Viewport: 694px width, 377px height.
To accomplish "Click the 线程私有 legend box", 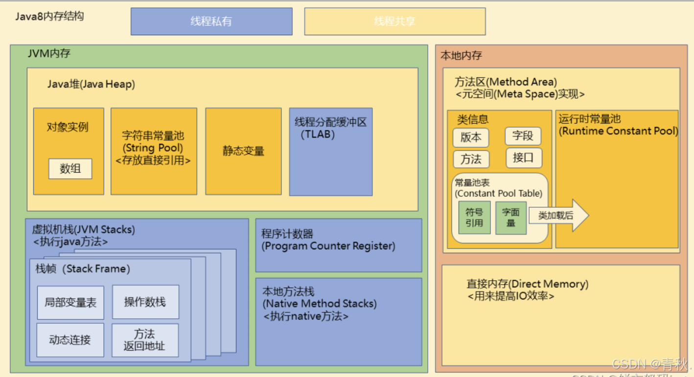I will coord(211,22).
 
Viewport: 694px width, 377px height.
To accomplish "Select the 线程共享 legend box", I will coord(394,22).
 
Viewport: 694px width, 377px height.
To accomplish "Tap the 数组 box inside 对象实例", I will coord(70,169).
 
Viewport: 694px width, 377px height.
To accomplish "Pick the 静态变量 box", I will coord(243,151).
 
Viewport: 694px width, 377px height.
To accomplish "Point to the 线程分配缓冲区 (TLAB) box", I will coord(330,152).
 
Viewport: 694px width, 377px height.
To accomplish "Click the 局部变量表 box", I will coord(70,303).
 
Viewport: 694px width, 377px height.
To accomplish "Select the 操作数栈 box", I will coord(145,302).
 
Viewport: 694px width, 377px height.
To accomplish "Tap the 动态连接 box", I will coord(70,340).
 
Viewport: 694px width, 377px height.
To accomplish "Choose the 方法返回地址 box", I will coord(145,340).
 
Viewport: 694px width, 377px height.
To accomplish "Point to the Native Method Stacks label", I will coord(320,304).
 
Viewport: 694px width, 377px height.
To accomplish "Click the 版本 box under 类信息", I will coord(471,137).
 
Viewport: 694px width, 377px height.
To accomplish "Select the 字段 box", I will coord(523,135).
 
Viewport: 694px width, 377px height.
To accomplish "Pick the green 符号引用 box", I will coord(474,218).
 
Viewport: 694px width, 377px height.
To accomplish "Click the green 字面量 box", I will coord(511,218).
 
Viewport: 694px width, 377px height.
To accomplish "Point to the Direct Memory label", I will coord(527,284).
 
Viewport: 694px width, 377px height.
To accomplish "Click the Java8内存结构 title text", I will coord(49,16).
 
